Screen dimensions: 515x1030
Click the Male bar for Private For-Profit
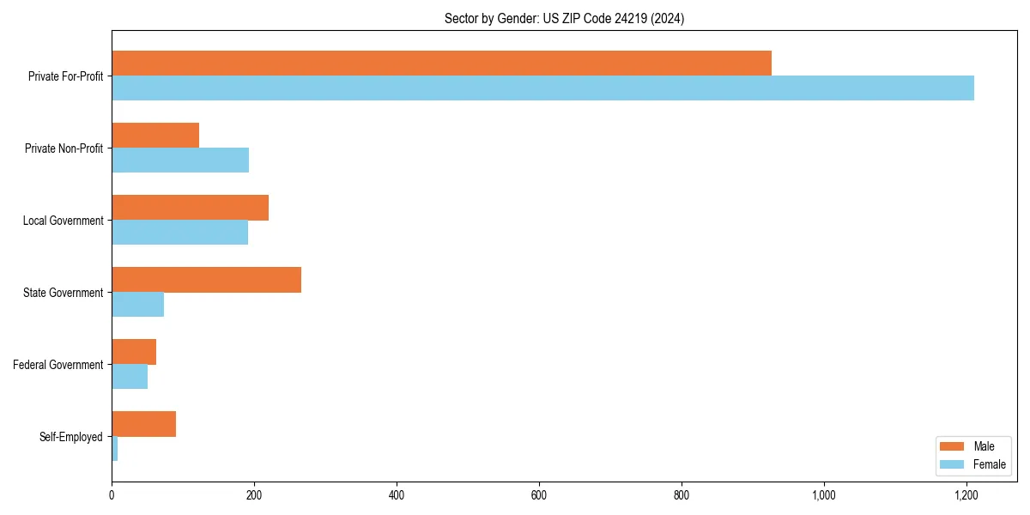(x=441, y=64)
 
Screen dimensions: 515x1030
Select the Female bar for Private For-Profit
(x=542, y=88)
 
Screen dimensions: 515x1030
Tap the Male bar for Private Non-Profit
(x=155, y=136)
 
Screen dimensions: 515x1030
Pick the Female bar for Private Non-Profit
(x=180, y=161)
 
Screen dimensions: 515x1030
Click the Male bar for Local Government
(x=190, y=208)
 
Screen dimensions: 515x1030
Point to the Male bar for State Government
(x=206, y=280)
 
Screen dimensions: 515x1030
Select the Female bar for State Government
(x=137, y=305)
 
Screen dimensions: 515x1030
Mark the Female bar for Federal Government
(x=130, y=377)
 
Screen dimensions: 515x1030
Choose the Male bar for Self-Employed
(x=143, y=424)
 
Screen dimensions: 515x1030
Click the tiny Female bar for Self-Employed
(x=115, y=449)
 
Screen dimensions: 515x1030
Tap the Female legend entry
(x=972, y=464)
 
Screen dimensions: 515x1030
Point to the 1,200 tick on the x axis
(x=966, y=495)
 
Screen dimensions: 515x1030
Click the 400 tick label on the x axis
(x=397, y=495)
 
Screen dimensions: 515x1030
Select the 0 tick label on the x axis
(x=112, y=495)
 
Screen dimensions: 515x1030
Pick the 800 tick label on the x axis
(x=682, y=495)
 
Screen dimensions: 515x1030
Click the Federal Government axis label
(x=58, y=365)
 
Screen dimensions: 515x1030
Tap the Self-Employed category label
(x=71, y=437)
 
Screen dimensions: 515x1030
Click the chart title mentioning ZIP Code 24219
(x=564, y=18)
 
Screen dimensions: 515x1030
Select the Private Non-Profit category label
(x=64, y=148)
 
